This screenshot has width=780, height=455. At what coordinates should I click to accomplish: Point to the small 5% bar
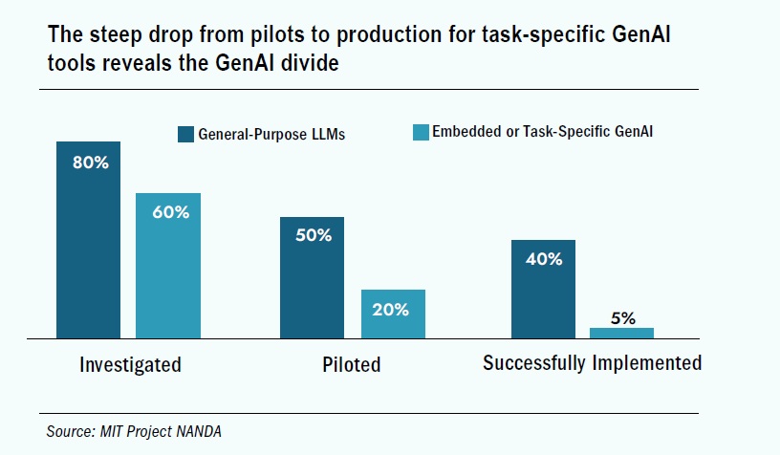pyautogui.click(x=621, y=333)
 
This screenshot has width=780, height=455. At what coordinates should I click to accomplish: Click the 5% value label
pyautogui.click(x=622, y=318)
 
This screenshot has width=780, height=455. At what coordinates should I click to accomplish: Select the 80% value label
pyautogui.click(x=90, y=162)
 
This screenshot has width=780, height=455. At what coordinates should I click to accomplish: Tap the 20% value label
pyautogui.click(x=391, y=309)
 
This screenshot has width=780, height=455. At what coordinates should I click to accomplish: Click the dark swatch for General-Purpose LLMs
pyautogui.click(x=186, y=134)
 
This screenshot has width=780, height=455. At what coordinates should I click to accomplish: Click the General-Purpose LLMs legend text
pyautogui.click(x=271, y=135)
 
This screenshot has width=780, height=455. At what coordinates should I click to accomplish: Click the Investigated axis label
pyautogui.click(x=130, y=364)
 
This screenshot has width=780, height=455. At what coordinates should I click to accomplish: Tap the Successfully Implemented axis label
pyautogui.click(x=592, y=363)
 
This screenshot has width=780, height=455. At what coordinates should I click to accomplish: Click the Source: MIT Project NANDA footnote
pyautogui.click(x=135, y=432)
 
